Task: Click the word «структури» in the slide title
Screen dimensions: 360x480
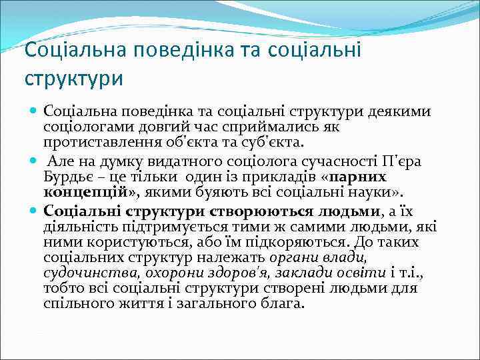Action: pos(74,78)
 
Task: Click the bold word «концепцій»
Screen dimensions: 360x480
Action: pos(82,193)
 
